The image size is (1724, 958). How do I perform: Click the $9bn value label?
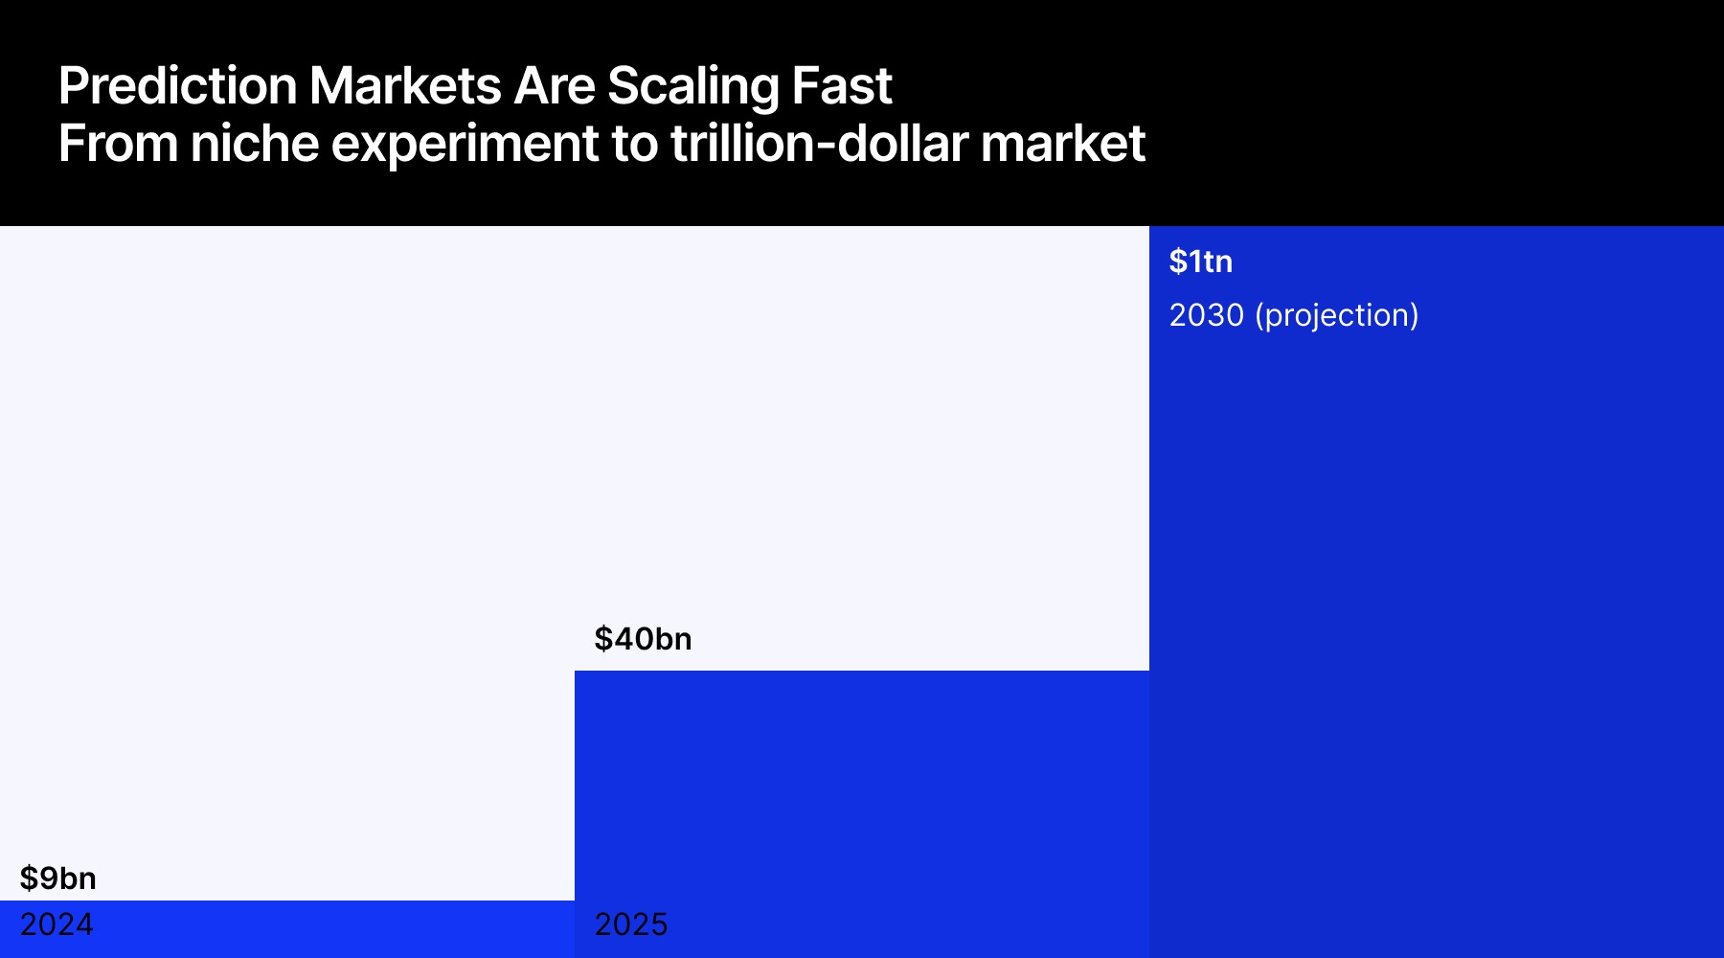point(57,878)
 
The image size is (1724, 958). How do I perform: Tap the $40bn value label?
point(643,638)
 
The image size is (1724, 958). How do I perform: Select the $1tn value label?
point(1200,262)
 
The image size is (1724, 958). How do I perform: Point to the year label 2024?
point(57,924)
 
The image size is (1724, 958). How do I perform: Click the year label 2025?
point(631,924)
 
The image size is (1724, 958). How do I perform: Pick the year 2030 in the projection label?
point(1206,315)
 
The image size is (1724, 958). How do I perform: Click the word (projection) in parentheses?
point(1337,315)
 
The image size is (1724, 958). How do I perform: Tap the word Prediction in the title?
point(178,86)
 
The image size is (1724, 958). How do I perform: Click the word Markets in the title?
point(405,86)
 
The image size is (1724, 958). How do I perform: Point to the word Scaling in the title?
point(693,86)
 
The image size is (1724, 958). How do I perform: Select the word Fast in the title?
point(842,86)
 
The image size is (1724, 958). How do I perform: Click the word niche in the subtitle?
point(255,144)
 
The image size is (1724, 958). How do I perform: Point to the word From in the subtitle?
point(118,144)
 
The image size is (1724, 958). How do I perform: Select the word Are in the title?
point(554,86)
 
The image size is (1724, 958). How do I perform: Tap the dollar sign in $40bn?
point(603,638)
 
